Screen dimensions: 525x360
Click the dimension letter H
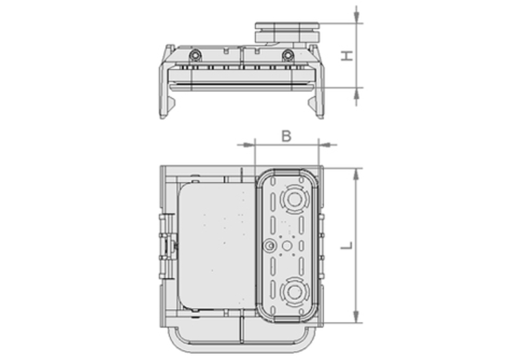tap(348, 56)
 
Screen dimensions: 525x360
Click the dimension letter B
tap(286, 136)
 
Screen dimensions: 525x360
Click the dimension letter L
tap(348, 245)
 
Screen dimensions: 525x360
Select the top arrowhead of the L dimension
tap(357, 174)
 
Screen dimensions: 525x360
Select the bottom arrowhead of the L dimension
tap(357, 317)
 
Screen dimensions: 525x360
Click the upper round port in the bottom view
tap(294, 200)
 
